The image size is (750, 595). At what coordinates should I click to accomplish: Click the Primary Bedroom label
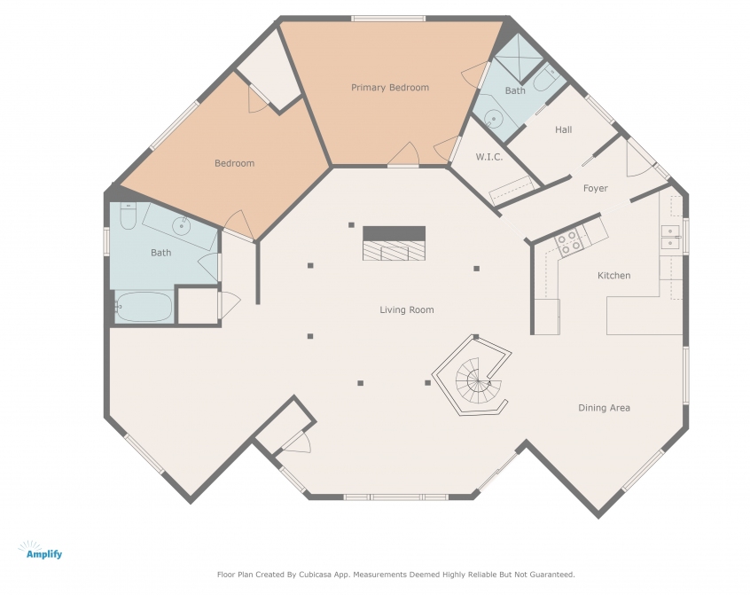[x=390, y=88]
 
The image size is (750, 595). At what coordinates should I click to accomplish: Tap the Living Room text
[x=407, y=310]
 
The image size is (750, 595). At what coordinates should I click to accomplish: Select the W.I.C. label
[x=488, y=157]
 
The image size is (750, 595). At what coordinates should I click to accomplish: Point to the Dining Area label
[x=604, y=408]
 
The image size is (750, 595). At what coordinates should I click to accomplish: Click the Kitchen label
[x=613, y=276]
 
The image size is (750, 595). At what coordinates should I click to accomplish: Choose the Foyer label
[x=596, y=189]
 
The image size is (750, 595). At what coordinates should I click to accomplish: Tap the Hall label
[x=564, y=129]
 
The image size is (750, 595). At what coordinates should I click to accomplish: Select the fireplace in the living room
[x=394, y=243]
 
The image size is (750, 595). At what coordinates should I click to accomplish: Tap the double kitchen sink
[x=670, y=238]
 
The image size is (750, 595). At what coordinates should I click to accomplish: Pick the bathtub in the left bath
[x=144, y=307]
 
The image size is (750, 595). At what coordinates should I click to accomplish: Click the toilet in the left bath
[x=128, y=216]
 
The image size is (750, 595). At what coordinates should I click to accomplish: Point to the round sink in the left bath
[x=181, y=226]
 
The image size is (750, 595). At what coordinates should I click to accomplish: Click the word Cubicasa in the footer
[x=316, y=575]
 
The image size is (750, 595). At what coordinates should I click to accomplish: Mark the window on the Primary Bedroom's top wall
[x=388, y=19]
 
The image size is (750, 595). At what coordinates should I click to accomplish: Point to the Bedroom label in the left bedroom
[x=234, y=163]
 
